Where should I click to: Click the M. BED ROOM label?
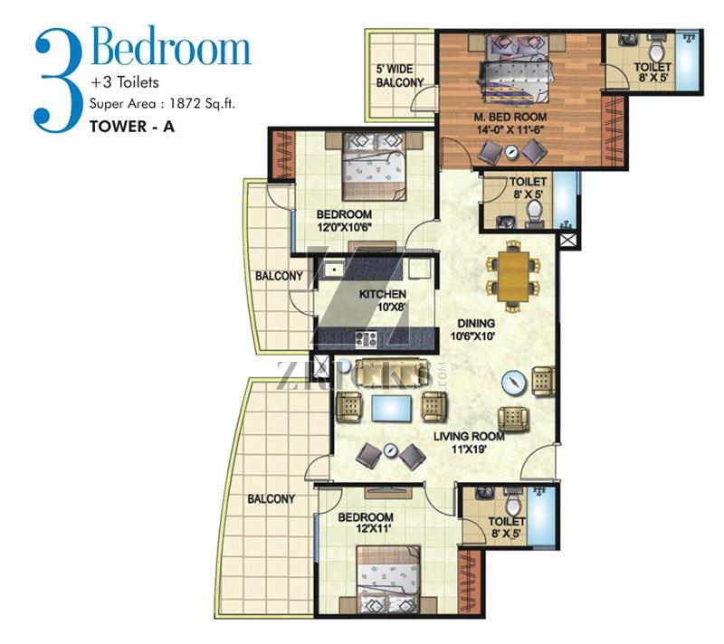(510, 123)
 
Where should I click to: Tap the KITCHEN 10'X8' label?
(383, 300)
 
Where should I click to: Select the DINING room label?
(475, 329)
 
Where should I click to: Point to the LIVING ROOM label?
(469, 442)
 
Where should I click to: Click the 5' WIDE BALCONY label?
(400, 76)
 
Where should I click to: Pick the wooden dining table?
(513, 276)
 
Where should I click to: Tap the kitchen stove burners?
(367, 339)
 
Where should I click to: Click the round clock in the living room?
(513, 383)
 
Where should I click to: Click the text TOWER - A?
(132, 127)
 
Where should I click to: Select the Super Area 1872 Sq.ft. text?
(162, 104)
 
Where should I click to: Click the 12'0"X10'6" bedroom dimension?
(345, 227)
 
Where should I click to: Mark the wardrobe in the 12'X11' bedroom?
(471, 581)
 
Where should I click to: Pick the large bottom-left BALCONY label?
(271, 498)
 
